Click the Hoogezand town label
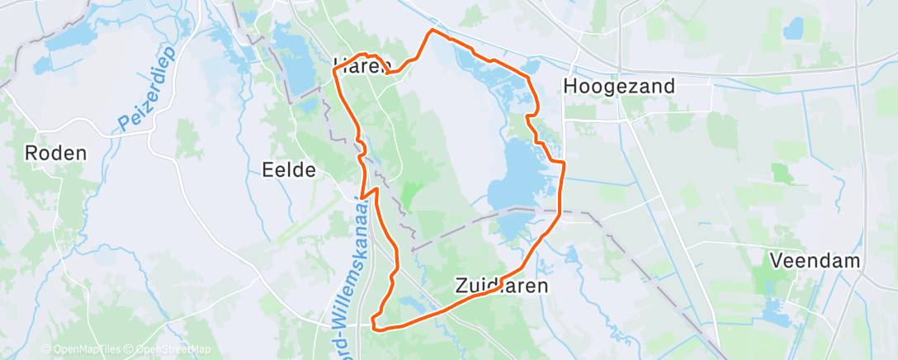point(618,86)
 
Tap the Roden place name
point(55,153)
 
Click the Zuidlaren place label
point(501,286)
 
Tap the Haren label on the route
point(361,67)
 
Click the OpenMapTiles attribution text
point(81,350)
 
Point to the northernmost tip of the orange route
point(431,31)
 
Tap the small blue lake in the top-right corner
point(793,30)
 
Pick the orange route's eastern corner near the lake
point(564,163)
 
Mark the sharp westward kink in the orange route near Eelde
point(362,197)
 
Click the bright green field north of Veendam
point(781,173)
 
